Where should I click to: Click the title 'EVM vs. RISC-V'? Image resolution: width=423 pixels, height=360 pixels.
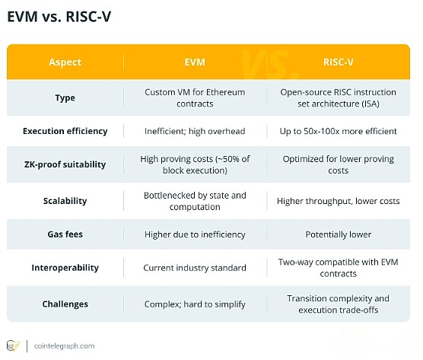coord(59,17)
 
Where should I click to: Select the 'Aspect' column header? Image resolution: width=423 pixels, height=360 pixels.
coord(65,62)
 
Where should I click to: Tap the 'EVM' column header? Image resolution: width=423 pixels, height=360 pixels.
coord(195,62)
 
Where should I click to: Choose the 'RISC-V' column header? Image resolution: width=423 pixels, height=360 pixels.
coord(339,62)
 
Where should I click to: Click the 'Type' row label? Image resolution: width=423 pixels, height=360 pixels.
coord(65,97)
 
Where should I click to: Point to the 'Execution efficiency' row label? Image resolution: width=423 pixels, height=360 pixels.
coord(65,131)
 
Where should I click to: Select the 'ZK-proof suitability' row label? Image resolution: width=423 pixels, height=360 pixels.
coord(65,164)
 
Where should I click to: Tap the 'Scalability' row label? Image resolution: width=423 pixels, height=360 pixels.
coord(65,201)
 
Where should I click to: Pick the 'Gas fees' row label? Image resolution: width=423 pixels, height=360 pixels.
coord(65,234)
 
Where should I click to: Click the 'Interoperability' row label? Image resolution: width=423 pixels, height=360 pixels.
coord(65,268)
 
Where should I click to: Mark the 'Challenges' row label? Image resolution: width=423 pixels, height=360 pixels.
coord(65,304)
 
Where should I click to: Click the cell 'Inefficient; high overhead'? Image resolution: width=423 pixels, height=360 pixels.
coord(195,132)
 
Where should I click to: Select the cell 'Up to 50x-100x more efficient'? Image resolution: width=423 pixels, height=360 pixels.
coord(339,132)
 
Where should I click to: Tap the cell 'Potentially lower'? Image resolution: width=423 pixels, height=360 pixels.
coord(339,234)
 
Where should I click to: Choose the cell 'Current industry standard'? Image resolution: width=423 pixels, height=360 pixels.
coord(195,268)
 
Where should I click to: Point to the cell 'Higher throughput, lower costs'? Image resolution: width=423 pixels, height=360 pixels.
coord(339,202)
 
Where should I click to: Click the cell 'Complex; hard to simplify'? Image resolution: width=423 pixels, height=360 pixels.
coord(195,304)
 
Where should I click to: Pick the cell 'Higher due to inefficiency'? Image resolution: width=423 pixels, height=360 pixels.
coord(195,234)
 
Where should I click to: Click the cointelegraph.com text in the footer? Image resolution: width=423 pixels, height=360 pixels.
coord(64,346)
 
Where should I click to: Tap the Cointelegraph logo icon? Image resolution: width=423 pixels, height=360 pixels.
coord(13,346)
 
